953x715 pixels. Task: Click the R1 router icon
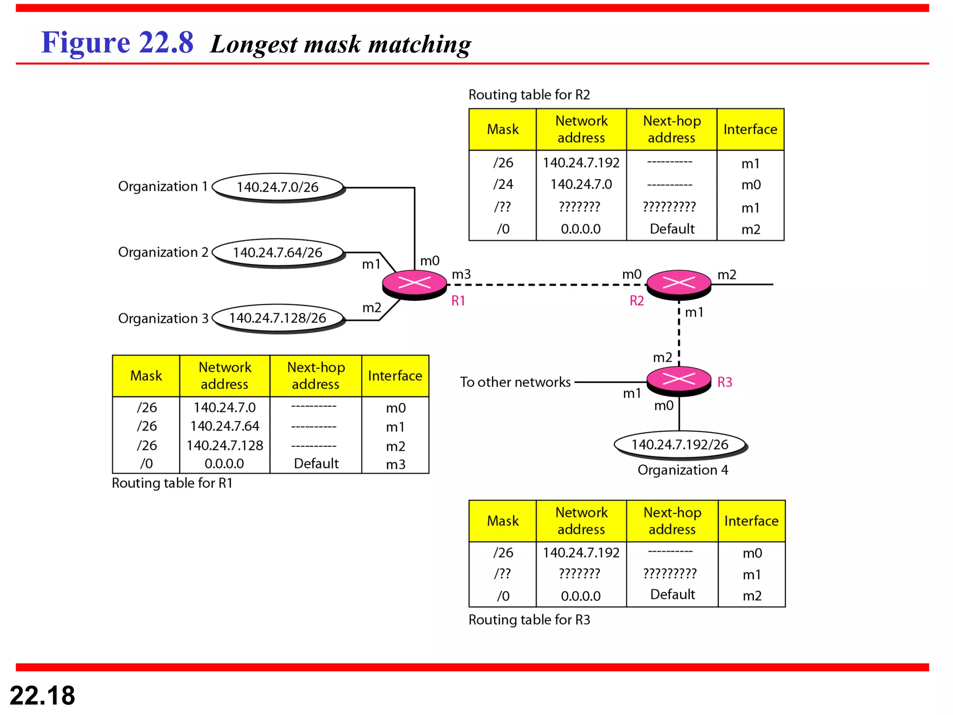(x=414, y=284)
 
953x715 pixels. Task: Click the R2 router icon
(x=678, y=283)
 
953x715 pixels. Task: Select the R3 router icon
(x=678, y=380)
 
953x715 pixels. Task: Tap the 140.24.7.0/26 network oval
(x=278, y=187)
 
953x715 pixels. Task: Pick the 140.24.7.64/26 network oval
(x=278, y=252)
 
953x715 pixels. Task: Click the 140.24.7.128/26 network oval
(x=278, y=318)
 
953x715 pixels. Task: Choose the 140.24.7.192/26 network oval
(x=679, y=445)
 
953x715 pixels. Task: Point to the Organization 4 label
(x=683, y=470)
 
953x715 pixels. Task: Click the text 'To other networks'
(x=515, y=382)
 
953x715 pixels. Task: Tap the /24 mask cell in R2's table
(x=503, y=184)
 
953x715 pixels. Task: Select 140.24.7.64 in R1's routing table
(x=225, y=426)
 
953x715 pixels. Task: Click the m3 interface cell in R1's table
(x=396, y=464)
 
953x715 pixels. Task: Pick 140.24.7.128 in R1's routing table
(x=225, y=445)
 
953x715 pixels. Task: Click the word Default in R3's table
(x=672, y=594)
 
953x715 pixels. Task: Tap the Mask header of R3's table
(x=503, y=521)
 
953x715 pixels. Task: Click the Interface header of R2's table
(x=750, y=129)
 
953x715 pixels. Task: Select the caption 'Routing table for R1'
(x=172, y=483)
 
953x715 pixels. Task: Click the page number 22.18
(x=42, y=695)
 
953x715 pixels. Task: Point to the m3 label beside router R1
(x=461, y=275)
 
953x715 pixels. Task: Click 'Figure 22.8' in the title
(x=117, y=43)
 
